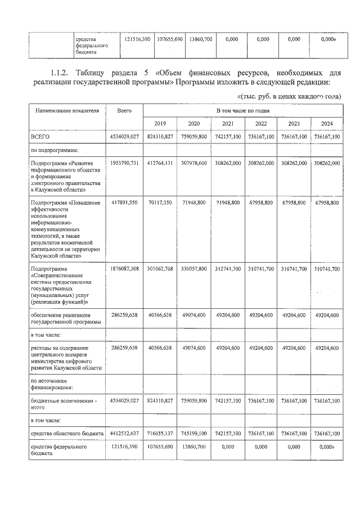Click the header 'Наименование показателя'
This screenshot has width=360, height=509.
pyautogui.click(x=67, y=111)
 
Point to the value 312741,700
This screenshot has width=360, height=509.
pyautogui.click(x=227, y=269)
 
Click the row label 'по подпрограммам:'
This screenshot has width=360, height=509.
pyautogui.click(x=55, y=150)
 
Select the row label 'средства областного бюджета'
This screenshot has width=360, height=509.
pyautogui.click(x=67, y=434)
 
